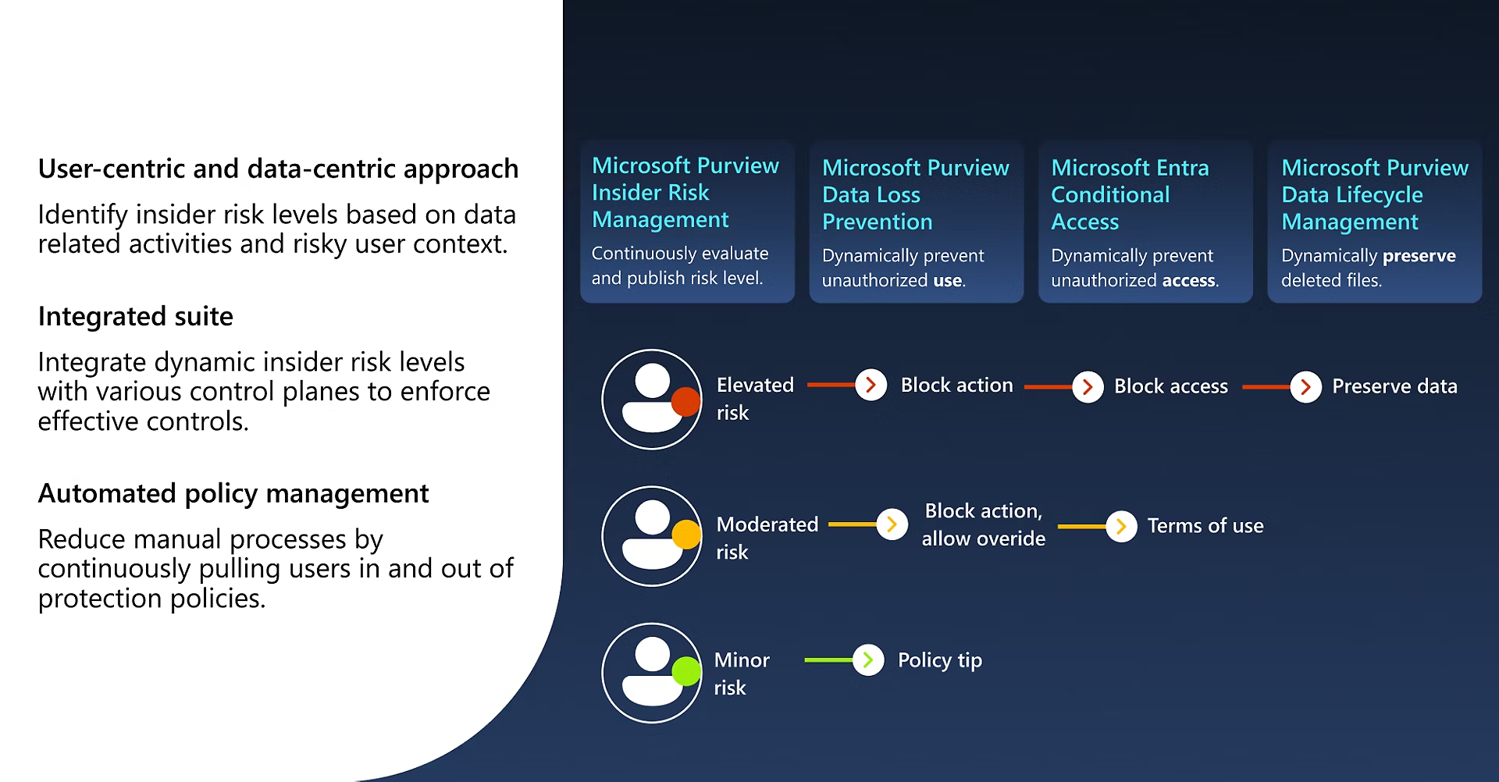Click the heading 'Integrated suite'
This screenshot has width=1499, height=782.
click(135, 317)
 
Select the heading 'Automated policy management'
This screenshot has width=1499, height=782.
click(233, 494)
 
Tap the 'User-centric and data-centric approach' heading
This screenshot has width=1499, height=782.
click(278, 169)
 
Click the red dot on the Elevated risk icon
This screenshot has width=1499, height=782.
click(685, 401)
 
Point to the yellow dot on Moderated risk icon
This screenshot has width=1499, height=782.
click(685, 535)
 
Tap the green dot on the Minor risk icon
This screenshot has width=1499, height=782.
click(685, 671)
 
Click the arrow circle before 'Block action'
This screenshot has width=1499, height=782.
click(871, 386)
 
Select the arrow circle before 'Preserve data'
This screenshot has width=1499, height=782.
click(1305, 387)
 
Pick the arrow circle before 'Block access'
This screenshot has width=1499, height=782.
click(1088, 387)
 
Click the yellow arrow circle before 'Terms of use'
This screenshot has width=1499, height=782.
click(1121, 527)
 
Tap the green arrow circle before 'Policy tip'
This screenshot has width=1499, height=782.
click(867, 660)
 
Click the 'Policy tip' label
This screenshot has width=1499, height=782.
click(939, 661)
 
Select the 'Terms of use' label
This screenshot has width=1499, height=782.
click(1205, 527)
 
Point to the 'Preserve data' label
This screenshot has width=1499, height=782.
click(1394, 387)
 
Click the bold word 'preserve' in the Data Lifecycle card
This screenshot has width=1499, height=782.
click(1419, 256)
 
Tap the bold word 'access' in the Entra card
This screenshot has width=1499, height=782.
click(1188, 281)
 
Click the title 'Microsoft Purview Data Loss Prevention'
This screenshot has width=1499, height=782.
click(915, 195)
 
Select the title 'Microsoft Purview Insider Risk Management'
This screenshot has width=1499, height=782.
click(685, 193)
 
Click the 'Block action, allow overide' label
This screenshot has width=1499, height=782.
click(983, 525)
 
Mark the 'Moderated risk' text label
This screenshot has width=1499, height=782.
click(767, 538)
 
